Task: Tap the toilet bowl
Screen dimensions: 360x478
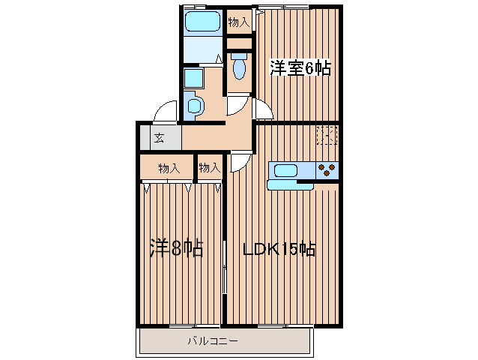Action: (x=239, y=69)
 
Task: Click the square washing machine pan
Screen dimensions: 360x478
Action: (x=193, y=78)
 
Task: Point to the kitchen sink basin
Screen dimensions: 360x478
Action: (x=285, y=169)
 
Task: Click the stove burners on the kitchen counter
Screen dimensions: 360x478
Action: (x=327, y=169)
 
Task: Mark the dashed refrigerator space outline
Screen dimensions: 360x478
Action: (x=327, y=135)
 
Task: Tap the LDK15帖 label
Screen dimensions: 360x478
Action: (x=279, y=249)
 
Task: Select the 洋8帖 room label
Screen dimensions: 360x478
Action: (x=177, y=249)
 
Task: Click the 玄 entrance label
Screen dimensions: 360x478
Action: (x=160, y=137)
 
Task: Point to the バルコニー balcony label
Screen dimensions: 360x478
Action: (x=212, y=341)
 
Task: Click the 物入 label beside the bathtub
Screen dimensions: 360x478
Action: (x=239, y=22)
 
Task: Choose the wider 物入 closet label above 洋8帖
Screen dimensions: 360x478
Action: (x=169, y=168)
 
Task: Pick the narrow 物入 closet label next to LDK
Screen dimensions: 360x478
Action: (x=209, y=168)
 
